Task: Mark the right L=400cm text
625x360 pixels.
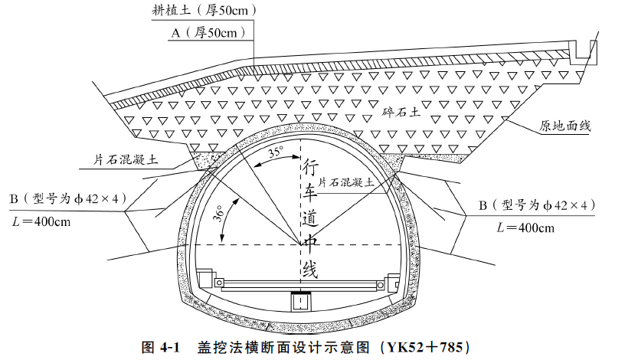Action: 526,227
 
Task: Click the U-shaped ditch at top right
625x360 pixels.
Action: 585,50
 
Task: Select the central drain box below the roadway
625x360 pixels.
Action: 301,303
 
